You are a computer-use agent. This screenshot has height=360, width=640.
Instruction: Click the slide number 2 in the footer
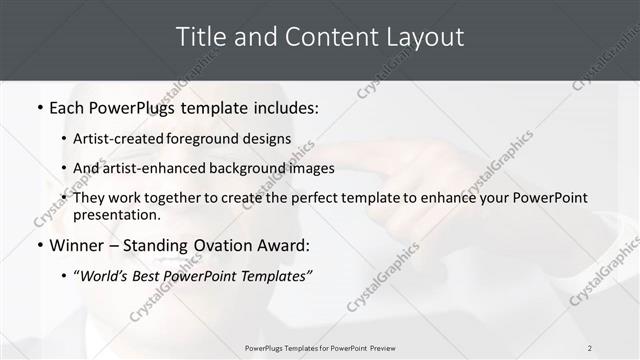tap(589, 348)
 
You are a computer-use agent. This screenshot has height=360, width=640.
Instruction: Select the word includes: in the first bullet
tap(284, 107)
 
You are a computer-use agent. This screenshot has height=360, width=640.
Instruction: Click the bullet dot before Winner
tap(40, 246)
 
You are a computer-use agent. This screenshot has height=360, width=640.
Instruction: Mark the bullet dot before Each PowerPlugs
tap(40, 108)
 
